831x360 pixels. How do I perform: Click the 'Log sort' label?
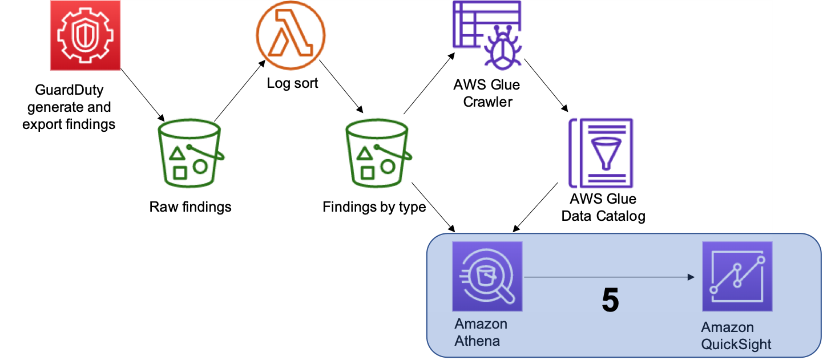(x=292, y=83)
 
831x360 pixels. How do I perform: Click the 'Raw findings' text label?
(x=190, y=207)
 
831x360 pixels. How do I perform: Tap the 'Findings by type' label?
(x=374, y=207)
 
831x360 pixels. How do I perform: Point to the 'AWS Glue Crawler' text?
(x=487, y=94)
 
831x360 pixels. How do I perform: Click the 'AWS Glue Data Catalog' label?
(x=603, y=208)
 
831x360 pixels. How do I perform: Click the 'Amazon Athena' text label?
(x=481, y=333)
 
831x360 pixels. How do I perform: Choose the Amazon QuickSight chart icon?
(x=737, y=276)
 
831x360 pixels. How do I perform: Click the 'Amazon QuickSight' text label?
(x=736, y=336)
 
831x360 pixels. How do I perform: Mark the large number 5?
(x=610, y=300)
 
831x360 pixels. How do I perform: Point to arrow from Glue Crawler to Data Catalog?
(x=546, y=83)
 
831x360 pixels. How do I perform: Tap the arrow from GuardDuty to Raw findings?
(x=142, y=94)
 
